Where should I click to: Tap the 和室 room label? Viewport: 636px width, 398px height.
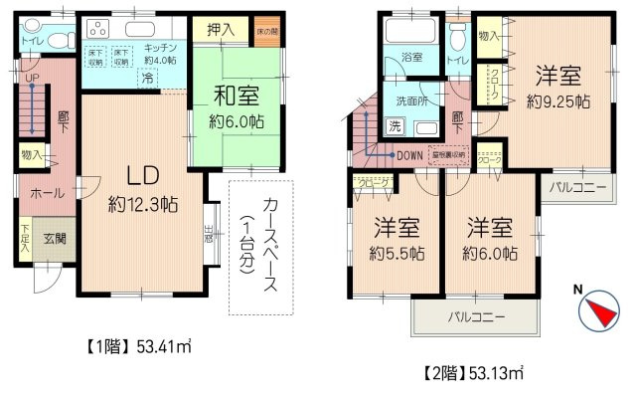(x=236, y=98)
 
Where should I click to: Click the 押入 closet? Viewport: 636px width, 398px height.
(x=221, y=30)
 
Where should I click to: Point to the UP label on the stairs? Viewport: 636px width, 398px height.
(x=32, y=78)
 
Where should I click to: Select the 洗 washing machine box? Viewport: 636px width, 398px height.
(x=395, y=126)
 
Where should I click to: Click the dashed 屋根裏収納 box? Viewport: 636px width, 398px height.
(x=450, y=154)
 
